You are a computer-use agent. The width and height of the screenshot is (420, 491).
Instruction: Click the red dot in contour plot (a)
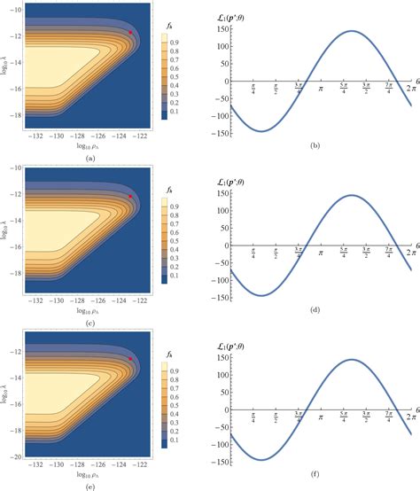coord(131,33)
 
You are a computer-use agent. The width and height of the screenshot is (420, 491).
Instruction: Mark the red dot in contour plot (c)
coord(130,196)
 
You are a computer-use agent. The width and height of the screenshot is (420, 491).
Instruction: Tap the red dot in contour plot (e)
coord(131,359)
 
